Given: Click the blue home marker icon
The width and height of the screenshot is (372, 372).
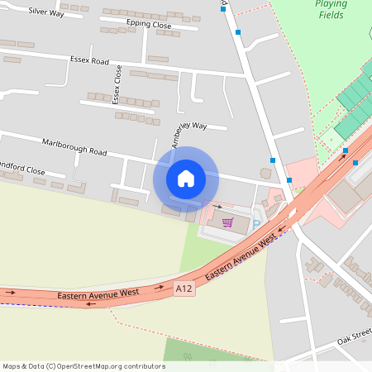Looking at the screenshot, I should point(186,179).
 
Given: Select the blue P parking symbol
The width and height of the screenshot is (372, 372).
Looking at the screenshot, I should point(255,224).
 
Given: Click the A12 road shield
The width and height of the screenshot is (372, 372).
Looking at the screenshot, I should point(184,289).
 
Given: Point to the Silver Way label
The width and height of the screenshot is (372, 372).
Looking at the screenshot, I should point(46,12).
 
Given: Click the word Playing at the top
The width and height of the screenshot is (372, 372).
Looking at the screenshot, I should point(331,4).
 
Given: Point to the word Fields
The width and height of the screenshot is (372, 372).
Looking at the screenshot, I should point(331,16).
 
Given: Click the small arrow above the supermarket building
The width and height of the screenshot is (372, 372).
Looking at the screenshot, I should point(217,206).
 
